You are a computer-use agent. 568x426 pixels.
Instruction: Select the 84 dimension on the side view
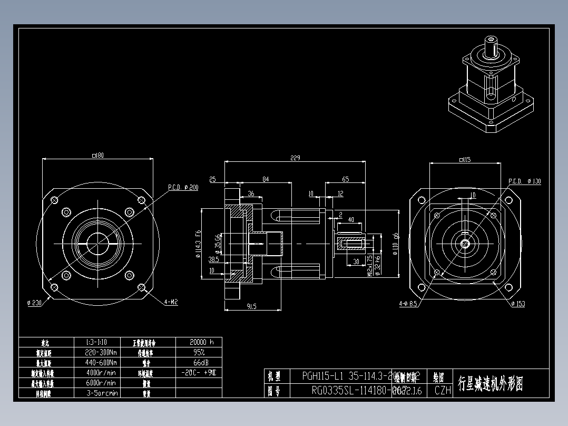coord(266,179)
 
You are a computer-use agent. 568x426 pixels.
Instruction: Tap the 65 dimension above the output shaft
coord(346,179)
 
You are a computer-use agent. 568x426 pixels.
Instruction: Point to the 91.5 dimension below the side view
coord(251,306)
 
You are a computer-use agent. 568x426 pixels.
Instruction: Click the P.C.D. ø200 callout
coord(183,188)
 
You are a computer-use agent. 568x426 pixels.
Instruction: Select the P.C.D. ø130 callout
coord(524,181)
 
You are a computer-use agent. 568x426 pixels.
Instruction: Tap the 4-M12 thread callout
coord(171,302)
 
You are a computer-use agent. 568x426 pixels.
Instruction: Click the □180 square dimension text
coord(97,156)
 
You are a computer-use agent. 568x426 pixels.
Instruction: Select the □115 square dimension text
coord(464,159)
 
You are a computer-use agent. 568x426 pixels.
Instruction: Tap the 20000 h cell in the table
coord(198,342)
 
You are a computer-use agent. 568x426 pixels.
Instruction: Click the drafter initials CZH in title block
coord(443,391)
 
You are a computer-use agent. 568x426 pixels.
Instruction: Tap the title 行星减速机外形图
coord(491,383)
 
